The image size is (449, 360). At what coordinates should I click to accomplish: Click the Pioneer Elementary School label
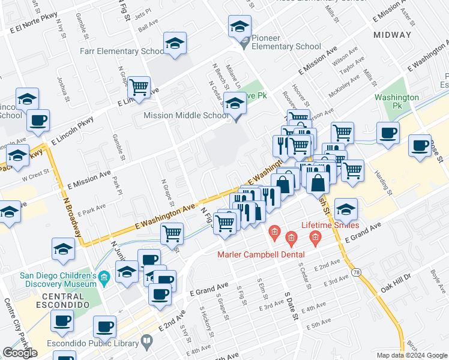pos(286,42)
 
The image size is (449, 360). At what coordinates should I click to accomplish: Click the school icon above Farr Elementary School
pos(175,44)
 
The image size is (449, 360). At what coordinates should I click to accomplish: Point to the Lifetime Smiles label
pos(330,226)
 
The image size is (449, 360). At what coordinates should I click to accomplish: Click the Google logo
pos(20,353)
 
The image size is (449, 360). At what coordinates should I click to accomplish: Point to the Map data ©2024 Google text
pos(412,355)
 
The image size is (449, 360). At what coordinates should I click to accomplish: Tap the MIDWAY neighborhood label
pos(393,35)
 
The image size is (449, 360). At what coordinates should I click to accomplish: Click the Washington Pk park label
pos(397,101)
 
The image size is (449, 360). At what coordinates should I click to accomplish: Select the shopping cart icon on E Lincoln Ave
pos(139,87)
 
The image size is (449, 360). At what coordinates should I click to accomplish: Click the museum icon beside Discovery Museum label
pos(104,277)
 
